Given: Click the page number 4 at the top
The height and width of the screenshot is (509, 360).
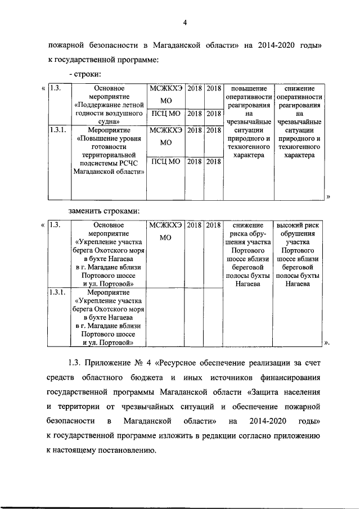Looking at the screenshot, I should coord(184,22).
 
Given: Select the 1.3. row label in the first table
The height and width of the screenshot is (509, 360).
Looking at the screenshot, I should coord(56,88).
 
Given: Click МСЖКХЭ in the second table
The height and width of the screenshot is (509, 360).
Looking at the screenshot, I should coord(165,226).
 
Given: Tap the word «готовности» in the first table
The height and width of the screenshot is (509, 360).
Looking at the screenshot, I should coord(110,146).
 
